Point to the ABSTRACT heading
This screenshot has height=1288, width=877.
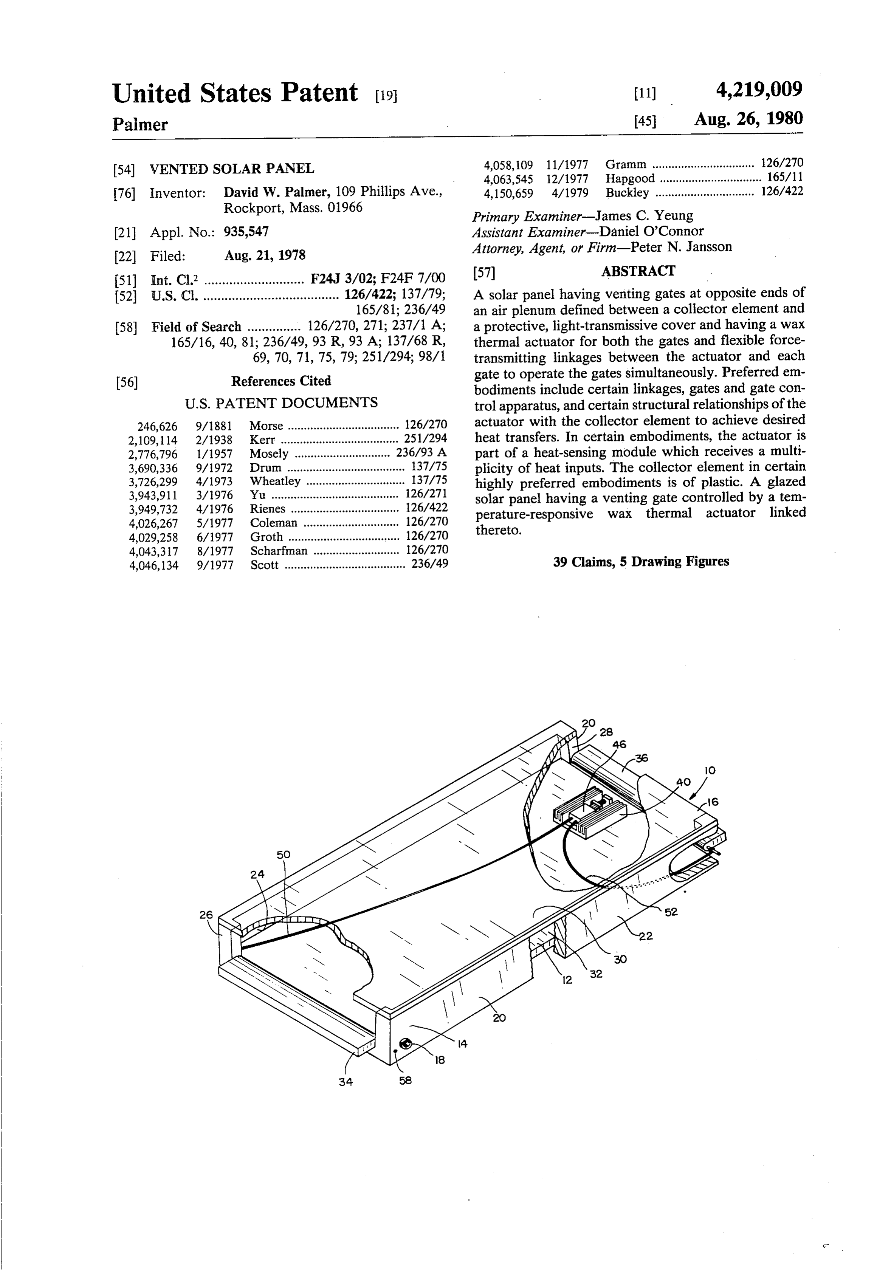point(638,271)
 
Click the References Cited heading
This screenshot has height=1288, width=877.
point(281,381)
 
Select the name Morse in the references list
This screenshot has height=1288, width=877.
point(266,426)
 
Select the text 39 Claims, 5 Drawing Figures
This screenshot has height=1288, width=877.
point(641,562)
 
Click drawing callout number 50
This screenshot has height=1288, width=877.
point(283,855)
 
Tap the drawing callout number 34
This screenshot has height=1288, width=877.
point(346,1081)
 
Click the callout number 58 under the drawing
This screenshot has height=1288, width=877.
point(405,1080)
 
